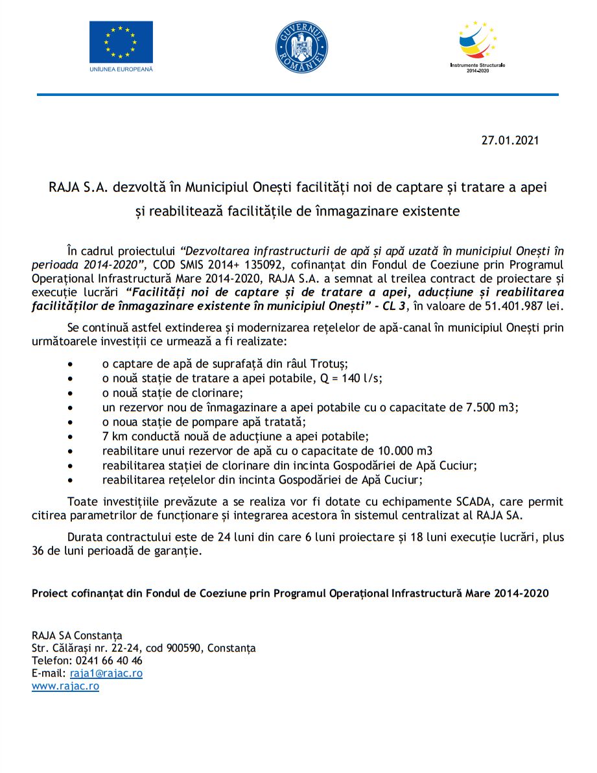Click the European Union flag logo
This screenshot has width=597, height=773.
pos(121,42)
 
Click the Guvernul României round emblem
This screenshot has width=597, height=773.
pos(301,47)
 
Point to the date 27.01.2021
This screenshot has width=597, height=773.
pos(510,140)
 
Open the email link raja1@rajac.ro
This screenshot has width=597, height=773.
pos(106,673)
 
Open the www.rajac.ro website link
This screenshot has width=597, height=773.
pos(65,686)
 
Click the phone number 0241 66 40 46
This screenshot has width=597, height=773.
pos(104,660)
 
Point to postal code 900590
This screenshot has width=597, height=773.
pos(183,648)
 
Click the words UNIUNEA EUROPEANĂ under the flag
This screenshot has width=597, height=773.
pos(121,69)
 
